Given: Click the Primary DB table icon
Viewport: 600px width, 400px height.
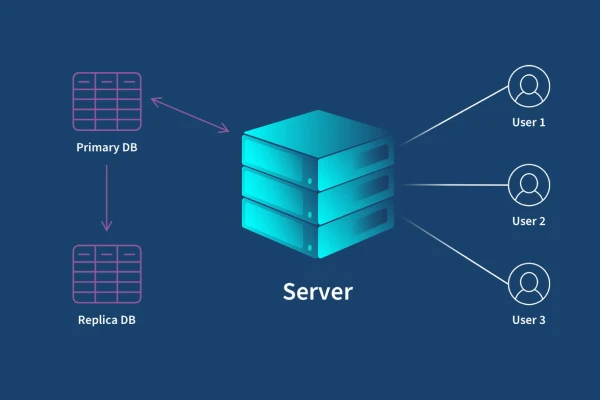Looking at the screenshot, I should [x=107, y=101].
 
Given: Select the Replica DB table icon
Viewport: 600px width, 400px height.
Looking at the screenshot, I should [x=107, y=273].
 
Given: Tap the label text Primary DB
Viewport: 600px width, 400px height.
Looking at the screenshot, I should [x=107, y=148].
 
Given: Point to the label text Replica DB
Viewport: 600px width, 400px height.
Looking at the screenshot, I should [x=107, y=320].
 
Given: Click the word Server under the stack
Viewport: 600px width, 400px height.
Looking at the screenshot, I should [x=318, y=291].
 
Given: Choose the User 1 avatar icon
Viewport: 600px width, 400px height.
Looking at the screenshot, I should [x=528, y=86].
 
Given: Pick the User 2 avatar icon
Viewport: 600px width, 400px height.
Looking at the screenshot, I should [x=528, y=185].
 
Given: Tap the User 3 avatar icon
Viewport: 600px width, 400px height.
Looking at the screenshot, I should [x=528, y=284].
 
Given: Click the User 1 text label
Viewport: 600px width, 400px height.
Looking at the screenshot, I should [x=528, y=123].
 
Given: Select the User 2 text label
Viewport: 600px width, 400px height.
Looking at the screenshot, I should [x=528, y=221].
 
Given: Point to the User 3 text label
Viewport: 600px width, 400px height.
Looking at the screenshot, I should [x=528, y=320].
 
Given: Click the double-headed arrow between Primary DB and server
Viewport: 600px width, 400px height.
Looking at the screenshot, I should [x=190, y=114].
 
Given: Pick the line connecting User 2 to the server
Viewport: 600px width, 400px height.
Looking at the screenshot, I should [x=455, y=185].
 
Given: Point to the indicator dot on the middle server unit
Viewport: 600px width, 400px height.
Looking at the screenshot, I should [x=309, y=181].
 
